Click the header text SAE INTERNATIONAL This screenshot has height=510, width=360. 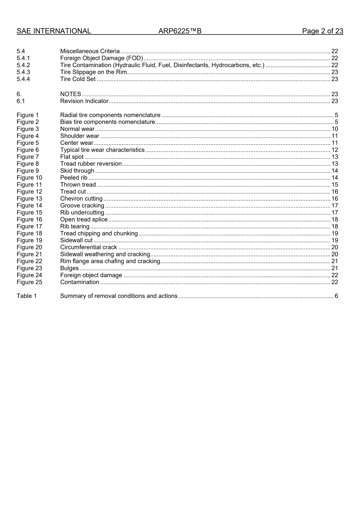pyautogui.click(x=53, y=31)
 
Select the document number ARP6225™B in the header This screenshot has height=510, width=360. pyautogui.click(x=180, y=31)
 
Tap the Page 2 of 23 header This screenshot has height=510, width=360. pyautogui.click(x=322, y=31)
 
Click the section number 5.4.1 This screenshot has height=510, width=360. pyautogui.click(x=23, y=58)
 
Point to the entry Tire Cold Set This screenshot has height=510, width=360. pyautogui.click(x=78, y=79)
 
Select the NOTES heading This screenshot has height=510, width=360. pyautogui.click(x=70, y=94)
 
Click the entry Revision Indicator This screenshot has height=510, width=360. pyautogui.click(x=84, y=101)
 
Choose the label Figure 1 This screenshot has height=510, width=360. pyautogui.click(x=28, y=115)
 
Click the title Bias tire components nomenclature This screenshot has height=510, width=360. pyautogui.click(x=108, y=122)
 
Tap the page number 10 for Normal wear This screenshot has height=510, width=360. pyautogui.click(x=335, y=129)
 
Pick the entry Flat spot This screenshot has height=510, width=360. pyautogui.click(x=72, y=157)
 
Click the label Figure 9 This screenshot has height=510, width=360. pyautogui.click(x=28, y=171)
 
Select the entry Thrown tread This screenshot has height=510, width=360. pyautogui.click(x=78, y=185)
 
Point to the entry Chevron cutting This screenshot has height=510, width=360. pyautogui.click(x=81, y=198)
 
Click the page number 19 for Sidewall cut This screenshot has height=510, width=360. pyautogui.click(x=335, y=240)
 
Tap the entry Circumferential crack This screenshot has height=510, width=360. pyautogui.click(x=89, y=247)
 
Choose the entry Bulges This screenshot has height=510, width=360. pyautogui.click(x=69, y=268)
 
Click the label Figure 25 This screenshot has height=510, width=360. pyautogui.click(x=29, y=282)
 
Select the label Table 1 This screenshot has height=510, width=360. pyautogui.click(x=27, y=296)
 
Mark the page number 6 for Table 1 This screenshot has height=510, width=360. pyautogui.click(x=336, y=296)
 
